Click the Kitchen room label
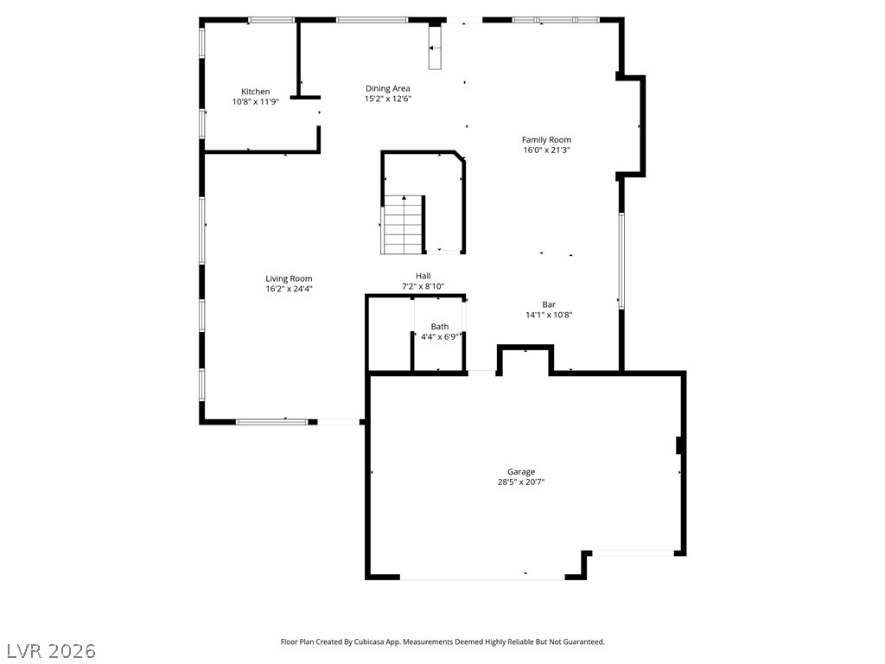(x=255, y=92)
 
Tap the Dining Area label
(x=388, y=88)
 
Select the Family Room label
(x=546, y=139)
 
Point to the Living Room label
(x=289, y=278)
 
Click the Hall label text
(x=423, y=276)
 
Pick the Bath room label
(x=440, y=326)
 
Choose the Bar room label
(x=549, y=304)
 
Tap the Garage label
(x=521, y=471)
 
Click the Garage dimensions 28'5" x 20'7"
(x=521, y=482)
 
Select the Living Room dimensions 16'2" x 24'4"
(x=289, y=289)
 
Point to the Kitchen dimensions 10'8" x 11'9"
(x=256, y=102)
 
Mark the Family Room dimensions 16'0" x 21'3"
(x=547, y=150)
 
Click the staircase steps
(x=403, y=225)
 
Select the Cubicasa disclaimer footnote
(x=442, y=642)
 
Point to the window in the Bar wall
(x=621, y=260)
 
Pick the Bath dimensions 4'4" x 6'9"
(x=440, y=337)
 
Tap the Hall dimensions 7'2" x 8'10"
(x=423, y=286)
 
